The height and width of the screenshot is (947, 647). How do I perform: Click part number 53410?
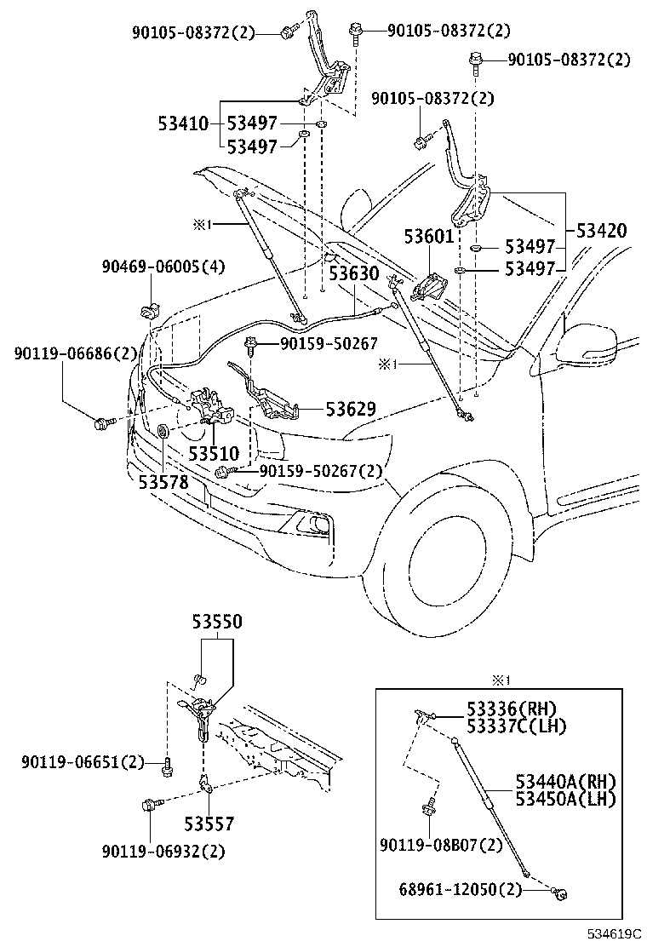tap(182, 124)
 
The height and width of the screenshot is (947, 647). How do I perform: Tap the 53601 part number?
tap(429, 236)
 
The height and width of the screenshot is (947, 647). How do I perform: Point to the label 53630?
tap(354, 274)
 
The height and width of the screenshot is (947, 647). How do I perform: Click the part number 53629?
tap(350, 409)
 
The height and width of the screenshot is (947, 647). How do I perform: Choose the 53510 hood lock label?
tap(214, 454)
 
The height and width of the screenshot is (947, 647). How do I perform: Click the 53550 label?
tap(216, 623)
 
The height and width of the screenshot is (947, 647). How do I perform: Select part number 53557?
tap(209, 824)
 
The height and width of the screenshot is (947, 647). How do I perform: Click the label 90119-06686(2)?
tap(75, 353)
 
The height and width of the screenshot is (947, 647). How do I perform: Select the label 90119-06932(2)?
tap(163, 850)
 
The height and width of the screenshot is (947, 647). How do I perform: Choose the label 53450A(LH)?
tap(564, 798)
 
